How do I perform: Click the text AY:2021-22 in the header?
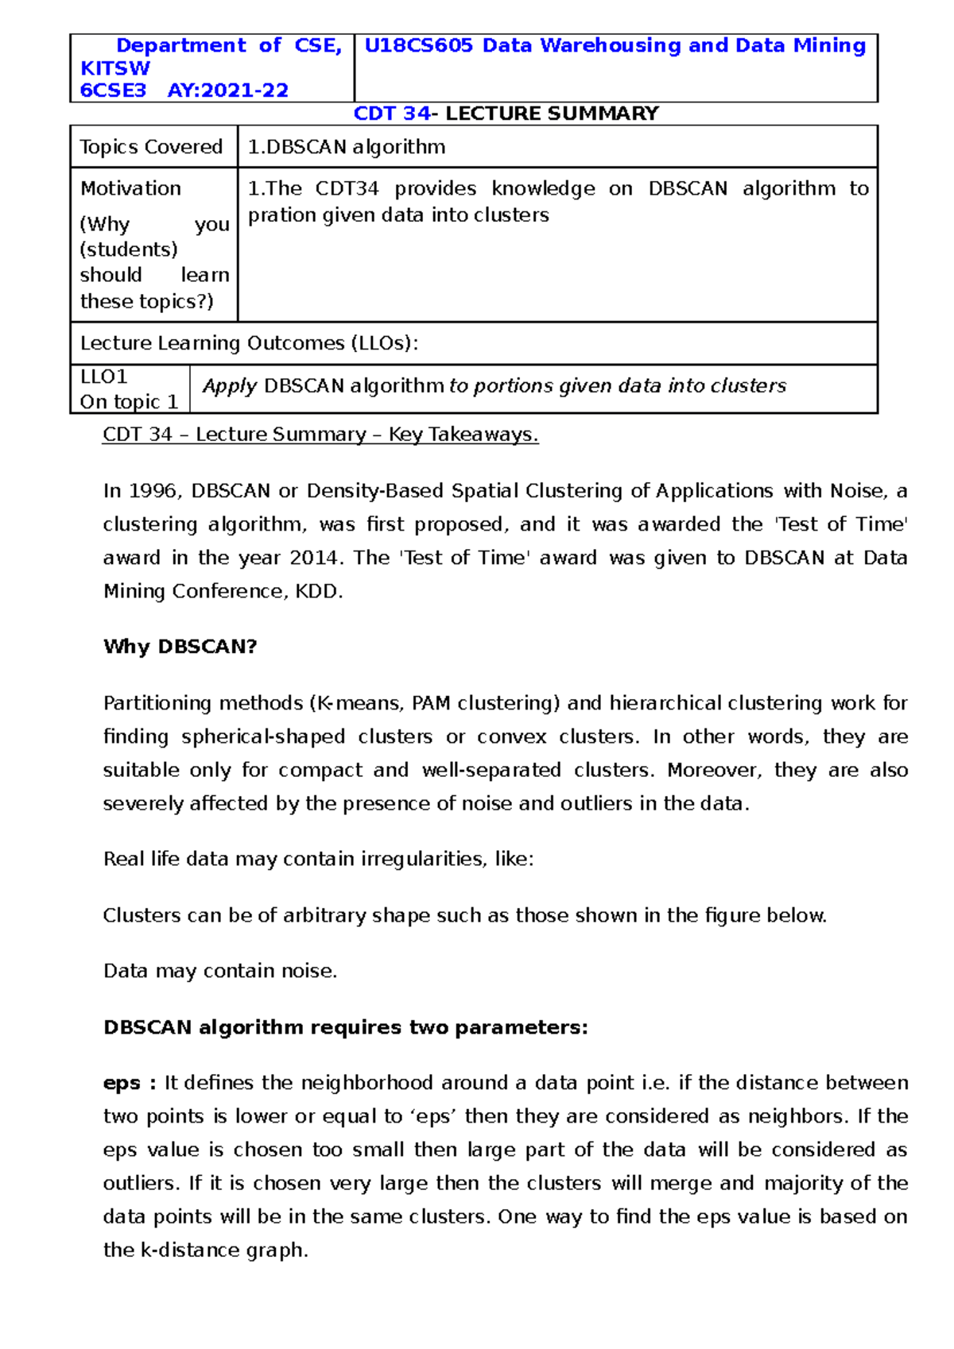(227, 91)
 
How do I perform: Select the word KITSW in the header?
(115, 68)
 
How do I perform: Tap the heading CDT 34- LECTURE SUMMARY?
(506, 114)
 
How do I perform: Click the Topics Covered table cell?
(151, 147)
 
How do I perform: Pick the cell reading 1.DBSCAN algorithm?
(347, 147)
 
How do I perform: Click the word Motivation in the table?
(130, 188)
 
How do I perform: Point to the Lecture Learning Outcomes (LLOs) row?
(249, 343)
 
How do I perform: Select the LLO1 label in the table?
(103, 377)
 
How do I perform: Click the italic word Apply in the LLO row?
(229, 386)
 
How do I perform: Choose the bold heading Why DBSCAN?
(180, 647)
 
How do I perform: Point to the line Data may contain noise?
(220, 971)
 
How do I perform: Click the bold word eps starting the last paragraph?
(121, 1083)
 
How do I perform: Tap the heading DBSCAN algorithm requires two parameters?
(345, 1027)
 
